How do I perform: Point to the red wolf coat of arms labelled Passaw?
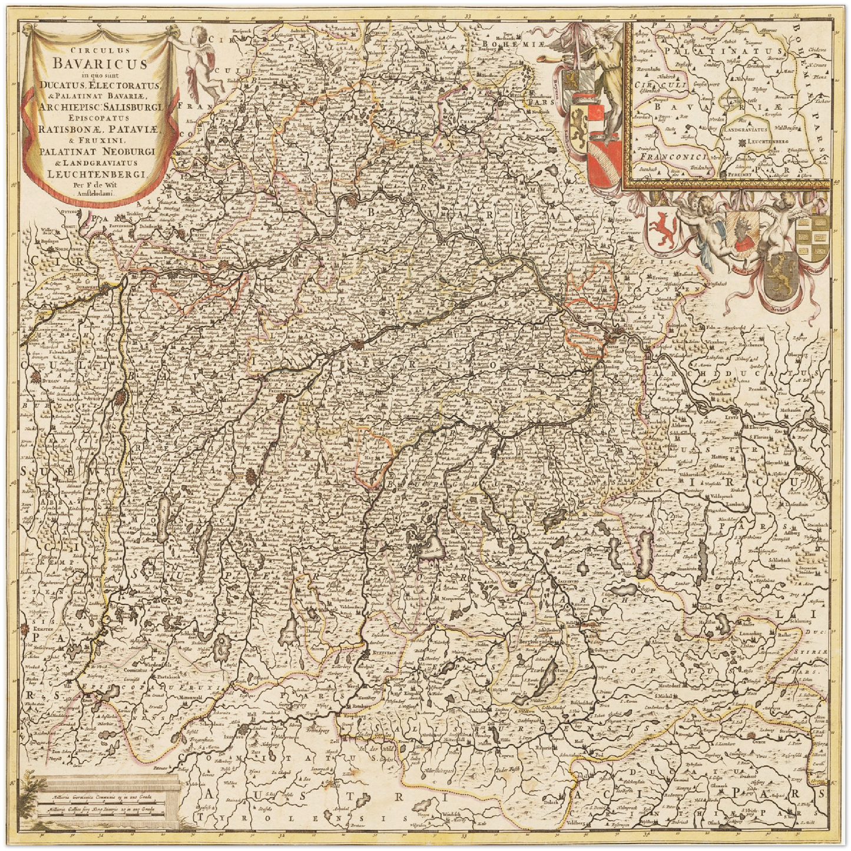(661, 228)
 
